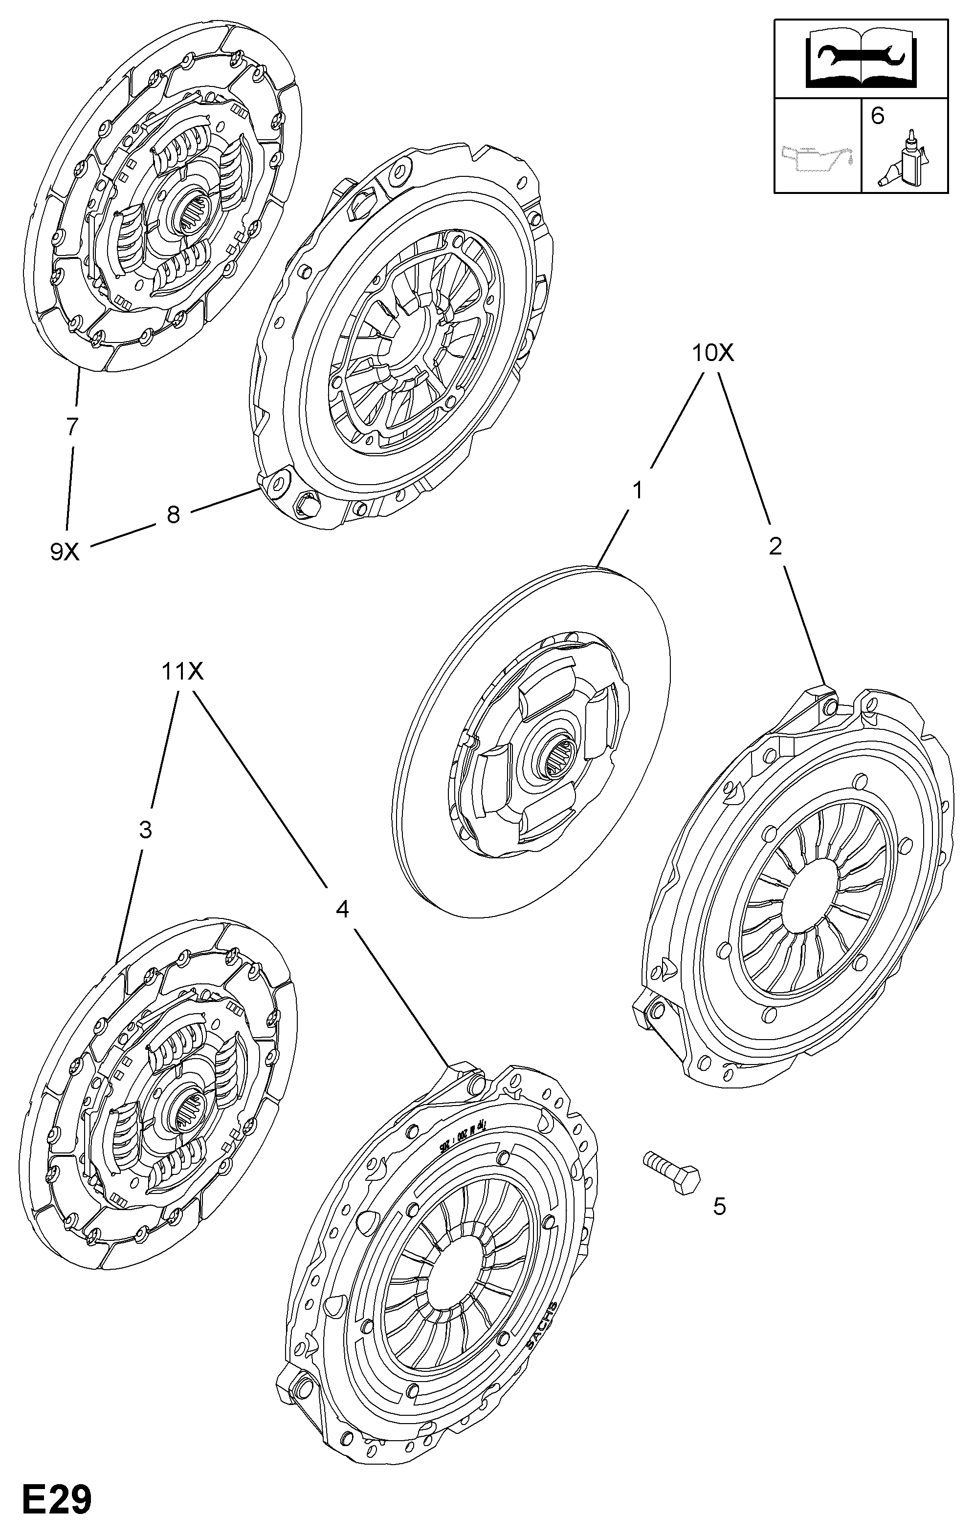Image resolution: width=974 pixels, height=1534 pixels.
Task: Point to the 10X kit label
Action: click(x=713, y=352)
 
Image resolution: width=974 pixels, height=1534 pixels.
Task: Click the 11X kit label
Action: click(x=182, y=671)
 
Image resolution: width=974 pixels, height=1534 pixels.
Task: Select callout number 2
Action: click(x=775, y=546)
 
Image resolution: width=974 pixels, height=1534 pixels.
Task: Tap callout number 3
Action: click(x=145, y=830)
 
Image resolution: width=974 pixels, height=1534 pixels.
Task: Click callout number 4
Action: click(x=342, y=909)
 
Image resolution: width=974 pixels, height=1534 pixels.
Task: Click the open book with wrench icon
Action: click(x=861, y=61)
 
